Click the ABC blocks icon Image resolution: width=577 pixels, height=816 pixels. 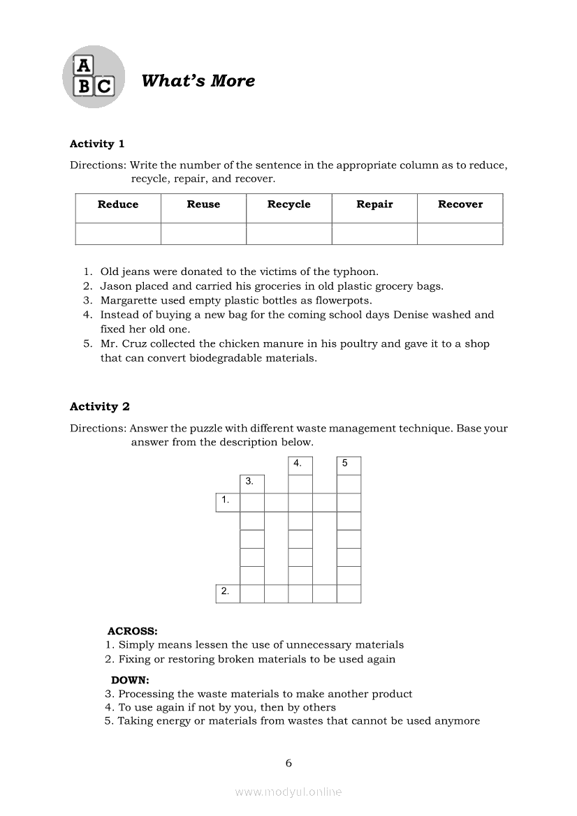(94, 77)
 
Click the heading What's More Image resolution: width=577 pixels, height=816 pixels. (198, 81)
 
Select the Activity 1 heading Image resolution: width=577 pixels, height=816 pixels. (97, 144)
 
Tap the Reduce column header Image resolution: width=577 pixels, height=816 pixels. (118, 205)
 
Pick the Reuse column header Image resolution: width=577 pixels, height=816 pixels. (203, 205)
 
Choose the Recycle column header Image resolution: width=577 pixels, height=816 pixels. (288, 205)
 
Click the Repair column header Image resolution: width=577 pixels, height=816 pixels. (374, 205)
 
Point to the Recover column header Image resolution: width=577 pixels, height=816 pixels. (460, 205)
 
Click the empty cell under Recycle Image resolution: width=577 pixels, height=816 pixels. (288, 234)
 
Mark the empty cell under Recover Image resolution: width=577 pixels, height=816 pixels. (460, 234)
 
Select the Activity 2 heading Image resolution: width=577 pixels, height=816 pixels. (100, 406)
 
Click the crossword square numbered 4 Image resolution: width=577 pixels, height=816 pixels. (300, 466)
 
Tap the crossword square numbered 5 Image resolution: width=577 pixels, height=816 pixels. (349, 466)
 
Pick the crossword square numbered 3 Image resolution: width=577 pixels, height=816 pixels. (252, 484)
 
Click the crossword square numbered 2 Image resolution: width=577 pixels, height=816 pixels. (228, 593)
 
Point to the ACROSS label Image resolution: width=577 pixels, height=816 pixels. (132, 631)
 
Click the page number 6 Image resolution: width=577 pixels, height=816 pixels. (288, 763)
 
